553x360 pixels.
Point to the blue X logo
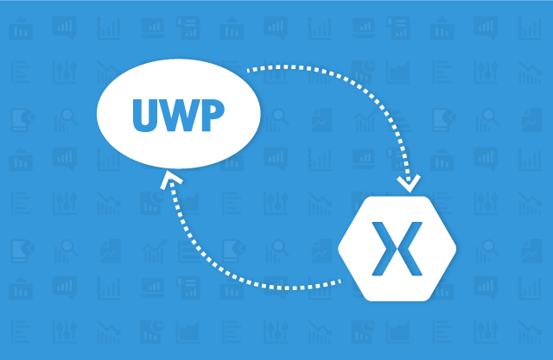[397, 245]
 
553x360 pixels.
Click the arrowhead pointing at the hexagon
[407, 183]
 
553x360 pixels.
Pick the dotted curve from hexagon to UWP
[216, 268]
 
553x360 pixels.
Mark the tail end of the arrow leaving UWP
[248, 69]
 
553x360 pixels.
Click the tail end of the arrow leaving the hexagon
[340, 280]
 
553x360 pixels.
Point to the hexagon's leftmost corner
[339, 246]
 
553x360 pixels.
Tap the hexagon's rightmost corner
[455, 246]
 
